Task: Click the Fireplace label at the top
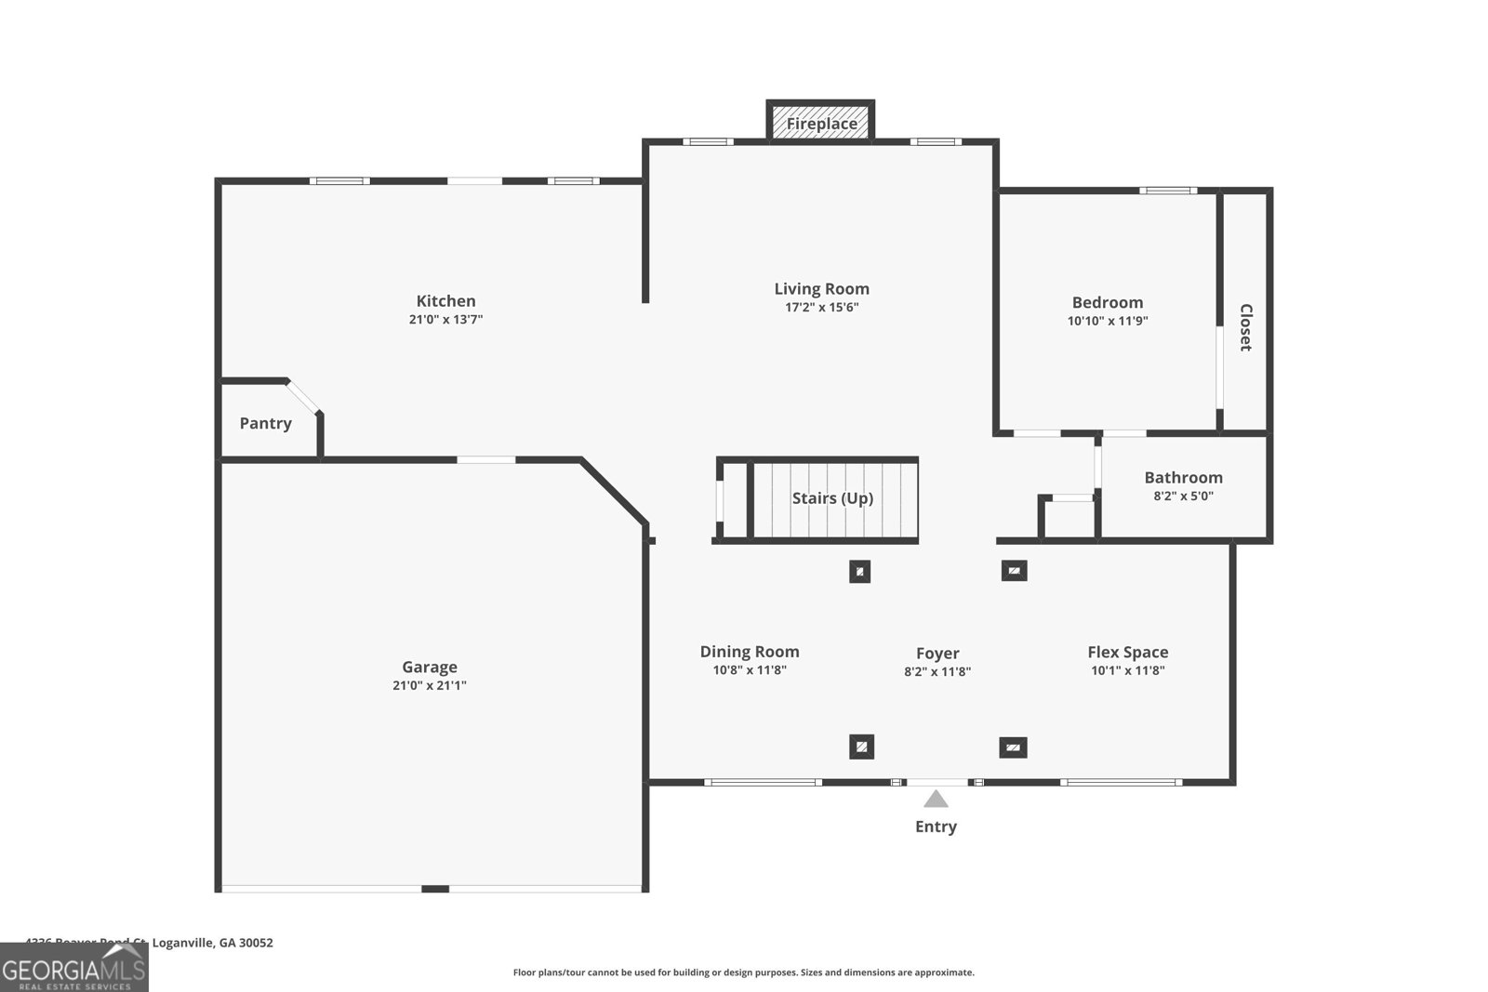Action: tap(821, 124)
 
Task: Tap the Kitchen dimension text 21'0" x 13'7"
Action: tap(445, 320)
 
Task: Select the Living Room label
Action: tap(821, 289)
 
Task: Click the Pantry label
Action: tap(265, 423)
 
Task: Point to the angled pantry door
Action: tap(304, 397)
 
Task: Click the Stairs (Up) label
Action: tap(832, 498)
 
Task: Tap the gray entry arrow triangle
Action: tap(936, 799)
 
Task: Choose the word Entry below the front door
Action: tap(936, 827)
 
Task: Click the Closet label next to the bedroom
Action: tap(1245, 327)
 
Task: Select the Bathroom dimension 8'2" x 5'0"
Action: tap(1183, 496)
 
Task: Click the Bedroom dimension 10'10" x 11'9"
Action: tap(1107, 321)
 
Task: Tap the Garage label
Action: tap(429, 667)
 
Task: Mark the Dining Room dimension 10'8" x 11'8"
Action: tap(749, 670)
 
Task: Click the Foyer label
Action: tap(937, 654)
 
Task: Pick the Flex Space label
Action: tap(1127, 653)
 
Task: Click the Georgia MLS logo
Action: tap(73, 969)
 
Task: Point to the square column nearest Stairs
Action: tap(859, 572)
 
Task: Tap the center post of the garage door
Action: tap(434, 890)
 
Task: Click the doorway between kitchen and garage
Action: tap(485, 459)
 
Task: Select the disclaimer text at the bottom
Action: tap(743, 972)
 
